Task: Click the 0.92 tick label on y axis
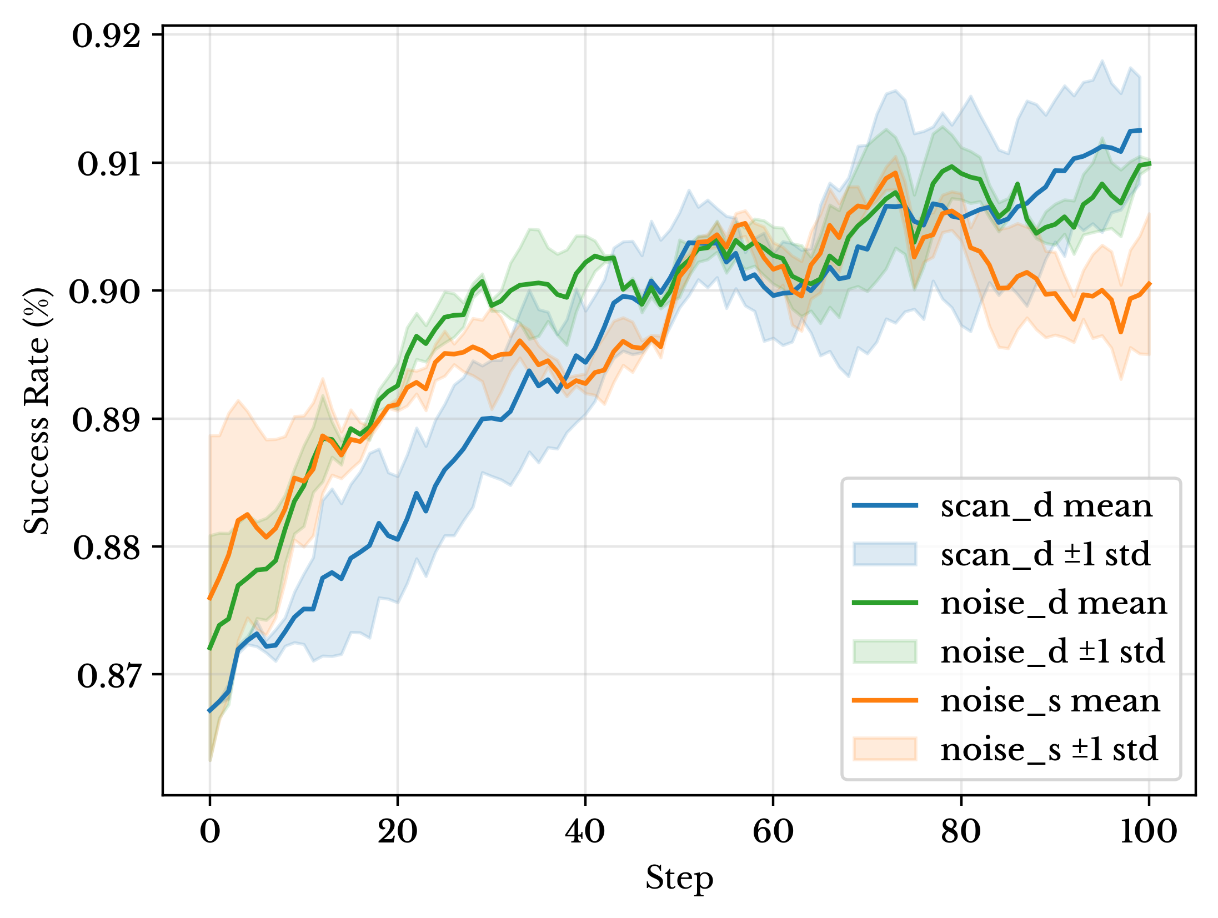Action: (x=107, y=37)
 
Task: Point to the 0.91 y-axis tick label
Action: (x=109, y=164)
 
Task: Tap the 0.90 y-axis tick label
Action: (x=105, y=292)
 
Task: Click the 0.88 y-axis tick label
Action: (x=107, y=548)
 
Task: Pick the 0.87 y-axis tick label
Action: (x=109, y=676)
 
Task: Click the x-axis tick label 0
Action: (x=210, y=831)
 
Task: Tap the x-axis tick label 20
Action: (x=397, y=831)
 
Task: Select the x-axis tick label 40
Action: (x=585, y=831)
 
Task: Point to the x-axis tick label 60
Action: (x=773, y=831)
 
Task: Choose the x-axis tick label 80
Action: (x=961, y=831)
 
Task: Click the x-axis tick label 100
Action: (x=1148, y=831)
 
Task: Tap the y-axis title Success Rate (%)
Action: (x=37, y=411)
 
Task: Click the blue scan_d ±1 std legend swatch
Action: (x=885, y=554)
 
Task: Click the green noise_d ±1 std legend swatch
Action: (x=885, y=652)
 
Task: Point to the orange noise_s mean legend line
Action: (x=885, y=700)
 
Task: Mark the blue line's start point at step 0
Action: (x=210, y=711)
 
